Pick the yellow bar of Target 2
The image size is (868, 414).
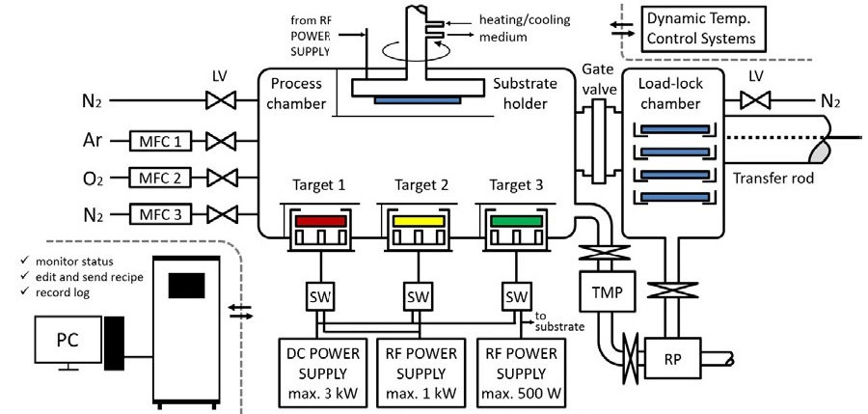[x=417, y=222]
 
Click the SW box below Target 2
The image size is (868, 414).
[x=417, y=295]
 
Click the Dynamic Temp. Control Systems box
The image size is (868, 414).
[x=703, y=29]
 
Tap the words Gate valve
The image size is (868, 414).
[x=600, y=80]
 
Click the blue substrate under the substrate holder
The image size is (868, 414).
[x=416, y=99]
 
